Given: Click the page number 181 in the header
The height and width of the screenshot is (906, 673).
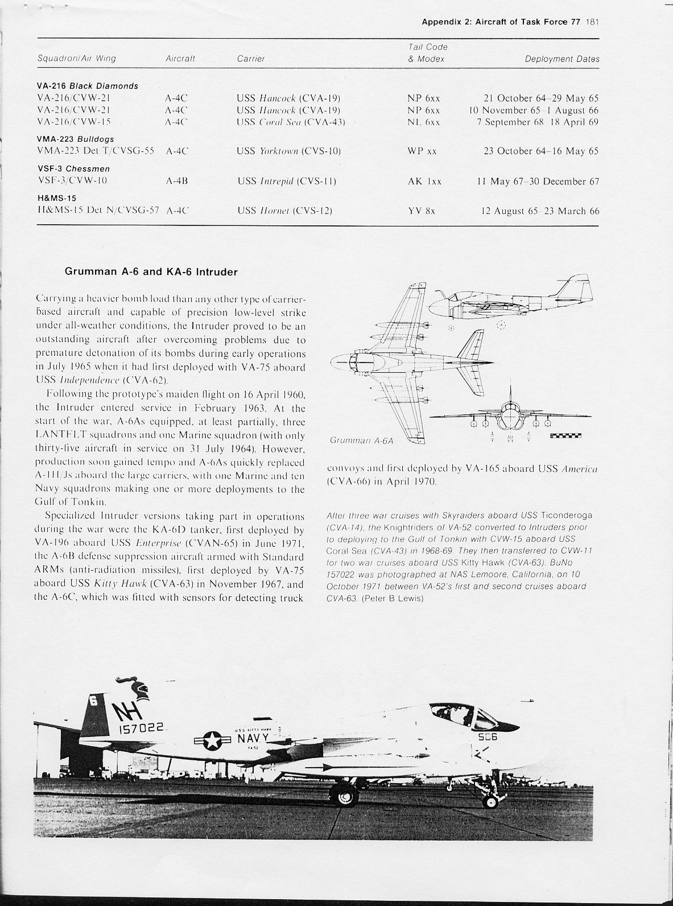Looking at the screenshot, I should [593, 22].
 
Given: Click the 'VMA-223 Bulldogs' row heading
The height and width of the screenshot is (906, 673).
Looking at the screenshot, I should [75, 139].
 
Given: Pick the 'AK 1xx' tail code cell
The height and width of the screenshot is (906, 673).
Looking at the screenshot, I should [424, 182].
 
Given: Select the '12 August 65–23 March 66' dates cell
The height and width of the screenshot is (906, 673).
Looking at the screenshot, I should [540, 211].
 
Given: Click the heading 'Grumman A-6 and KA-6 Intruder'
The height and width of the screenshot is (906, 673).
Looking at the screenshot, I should [151, 271].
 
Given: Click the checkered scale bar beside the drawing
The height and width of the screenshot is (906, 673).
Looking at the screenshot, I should [569, 437].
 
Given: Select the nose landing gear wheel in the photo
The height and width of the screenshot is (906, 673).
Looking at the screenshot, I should [491, 801].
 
